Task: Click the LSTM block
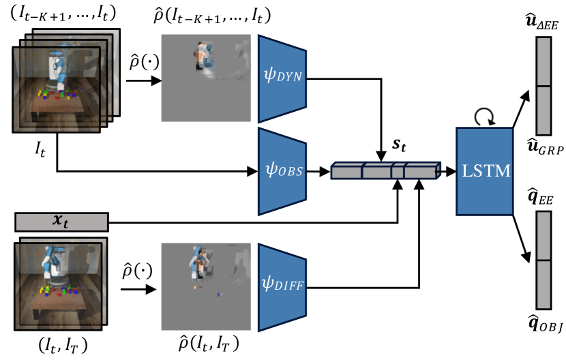coord(484,171)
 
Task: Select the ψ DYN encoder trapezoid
coord(282,78)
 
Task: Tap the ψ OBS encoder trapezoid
coord(282,172)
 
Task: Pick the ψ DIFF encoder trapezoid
coord(282,288)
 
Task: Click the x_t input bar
coord(61,222)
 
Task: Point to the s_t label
coord(399,145)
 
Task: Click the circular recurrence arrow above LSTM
coord(484,117)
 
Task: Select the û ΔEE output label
coord(542,22)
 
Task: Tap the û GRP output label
coord(545,147)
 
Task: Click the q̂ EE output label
coord(540,196)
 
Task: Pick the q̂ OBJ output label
coord(545,323)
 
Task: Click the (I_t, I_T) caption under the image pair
coord(63,346)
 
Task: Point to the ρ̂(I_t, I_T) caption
coord(209,344)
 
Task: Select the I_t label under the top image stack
coord(40,149)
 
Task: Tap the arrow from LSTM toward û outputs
coord(521,108)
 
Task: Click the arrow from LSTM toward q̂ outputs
coord(522,239)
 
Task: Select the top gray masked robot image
coord(206,78)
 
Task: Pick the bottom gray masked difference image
coord(206,286)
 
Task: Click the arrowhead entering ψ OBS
coord(253,171)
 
